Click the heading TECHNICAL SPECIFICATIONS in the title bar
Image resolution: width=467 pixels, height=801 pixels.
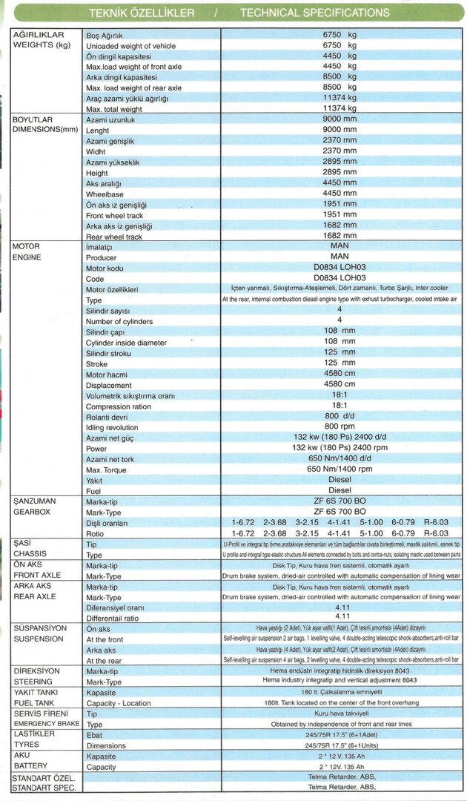click(314, 13)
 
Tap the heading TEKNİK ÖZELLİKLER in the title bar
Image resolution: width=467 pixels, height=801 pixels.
click(142, 13)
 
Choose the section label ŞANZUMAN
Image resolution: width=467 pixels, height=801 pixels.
click(35, 502)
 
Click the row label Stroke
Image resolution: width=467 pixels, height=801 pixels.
click(97, 364)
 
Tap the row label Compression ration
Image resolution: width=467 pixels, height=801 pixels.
click(119, 406)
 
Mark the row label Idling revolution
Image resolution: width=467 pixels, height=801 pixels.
click(112, 428)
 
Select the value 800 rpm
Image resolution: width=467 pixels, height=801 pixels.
click(339, 427)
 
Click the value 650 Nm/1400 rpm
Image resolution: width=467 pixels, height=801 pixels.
click(339, 469)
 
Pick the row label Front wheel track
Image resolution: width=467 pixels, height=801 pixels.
click(113, 216)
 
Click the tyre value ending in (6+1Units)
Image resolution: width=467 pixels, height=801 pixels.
click(340, 745)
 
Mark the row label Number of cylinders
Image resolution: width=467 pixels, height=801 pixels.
click(119, 322)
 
